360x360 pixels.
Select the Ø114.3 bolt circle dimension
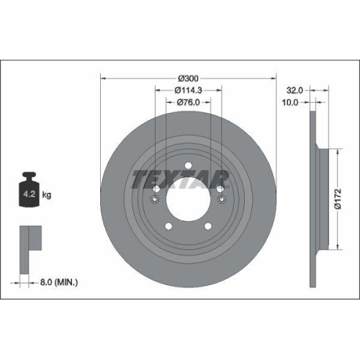[188, 90]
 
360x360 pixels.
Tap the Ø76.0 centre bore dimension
[188, 103]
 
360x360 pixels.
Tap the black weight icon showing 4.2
[30, 190]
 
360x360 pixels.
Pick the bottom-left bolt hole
[169, 226]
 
